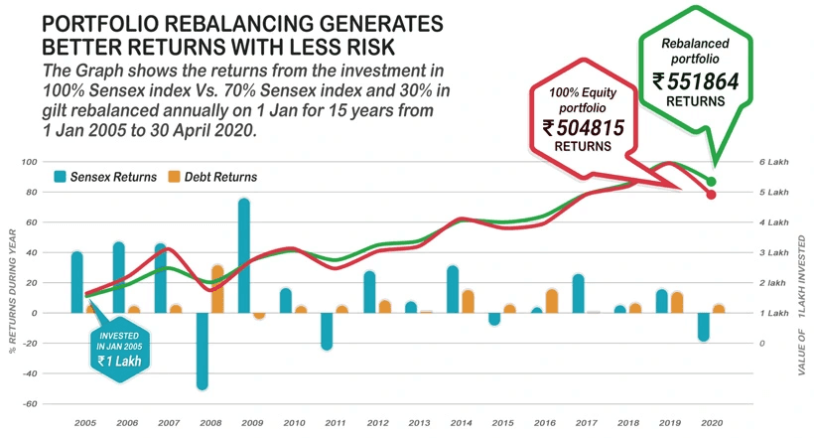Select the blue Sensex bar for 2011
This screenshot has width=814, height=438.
coord(327,331)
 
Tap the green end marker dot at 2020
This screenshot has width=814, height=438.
coord(711,182)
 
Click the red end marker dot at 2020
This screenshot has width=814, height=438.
coord(711,195)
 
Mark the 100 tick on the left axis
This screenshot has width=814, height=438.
coord(29,162)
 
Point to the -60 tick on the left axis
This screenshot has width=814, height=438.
coord(29,404)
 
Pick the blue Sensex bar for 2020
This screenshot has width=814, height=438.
coord(704,327)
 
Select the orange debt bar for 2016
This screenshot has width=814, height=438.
coord(552,301)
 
